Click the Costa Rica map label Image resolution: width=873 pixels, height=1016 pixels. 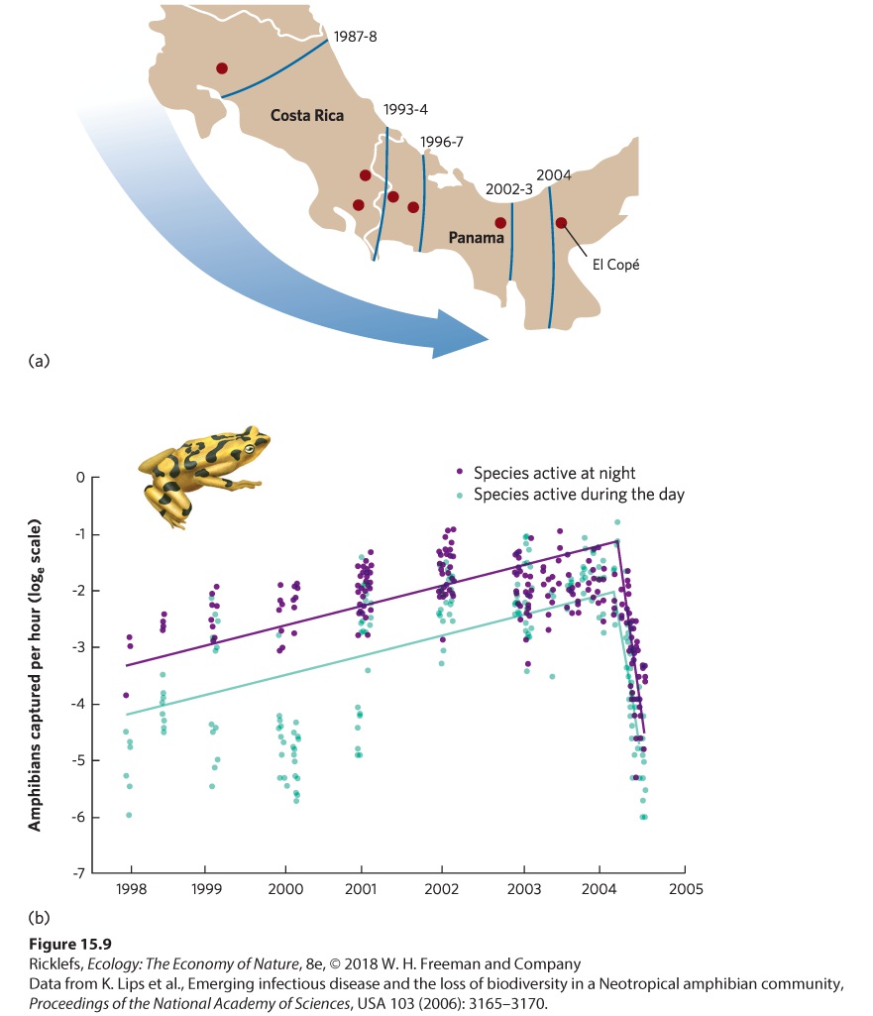pyautogui.click(x=307, y=115)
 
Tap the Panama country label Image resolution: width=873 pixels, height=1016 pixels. pyautogui.click(x=476, y=238)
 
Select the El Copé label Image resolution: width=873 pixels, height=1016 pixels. pyautogui.click(x=615, y=265)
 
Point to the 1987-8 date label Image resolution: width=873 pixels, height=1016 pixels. pyautogui.click(x=355, y=37)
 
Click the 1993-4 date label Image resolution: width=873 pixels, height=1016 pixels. pyautogui.click(x=405, y=109)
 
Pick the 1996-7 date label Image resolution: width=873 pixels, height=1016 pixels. pyautogui.click(x=442, y=142)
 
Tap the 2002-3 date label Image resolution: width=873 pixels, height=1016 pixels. pyautogui.click(x=509, y=188)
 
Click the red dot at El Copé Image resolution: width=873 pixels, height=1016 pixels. pyautogui.click(x=562, y=223)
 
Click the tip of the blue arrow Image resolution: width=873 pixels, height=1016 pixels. pyautogui.click(x=489, y=339)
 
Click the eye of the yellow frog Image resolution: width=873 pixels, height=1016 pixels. pyautogui.click(x=248, y=449)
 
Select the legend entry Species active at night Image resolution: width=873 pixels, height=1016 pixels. pyautogui.click(x=554, y=473)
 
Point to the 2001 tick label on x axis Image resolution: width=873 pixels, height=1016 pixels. pyautogui.click(x=361, y=888)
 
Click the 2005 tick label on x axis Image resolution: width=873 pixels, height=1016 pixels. pyautogui.click(x=686, y=888)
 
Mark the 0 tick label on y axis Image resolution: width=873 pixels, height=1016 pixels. pyautogui.click(x=80, y=478)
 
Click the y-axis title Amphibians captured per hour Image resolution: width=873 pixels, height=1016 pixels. pyautogui.click(x=35, y=675)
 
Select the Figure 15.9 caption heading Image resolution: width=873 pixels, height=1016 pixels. pyautogui.click(x=70, y=944)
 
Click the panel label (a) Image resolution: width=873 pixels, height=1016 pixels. pyautogui.click(x=39, y=360)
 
